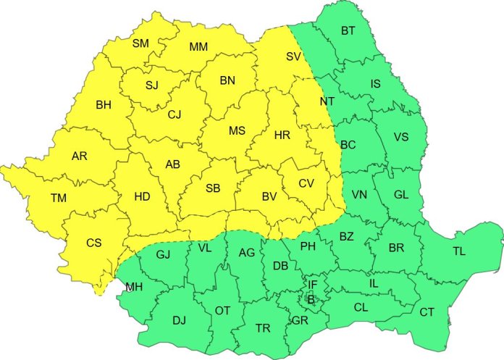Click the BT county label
click(x=348, y=30)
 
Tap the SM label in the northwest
click(x=140, y=43)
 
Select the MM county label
click(x=198, y=47)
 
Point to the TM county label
click(x=59, y=198)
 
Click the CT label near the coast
click(x=427, y=312)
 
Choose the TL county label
click(x=459, y=251)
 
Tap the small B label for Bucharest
click(x=311, y=298)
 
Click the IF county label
click(x=312, y=284)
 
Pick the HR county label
click(x=282, y=135)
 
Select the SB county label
click(x=213, y=188)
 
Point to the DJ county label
click(x=180, y=319)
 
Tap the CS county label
click(x=93, y=243)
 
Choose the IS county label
click(x=375, y=84)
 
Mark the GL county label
click(x=401, y=194)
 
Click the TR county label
click(x=263, y=329)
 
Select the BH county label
click(x=104, y=105)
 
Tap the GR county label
click(x=300, y=319)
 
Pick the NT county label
click(x=327, y=101)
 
